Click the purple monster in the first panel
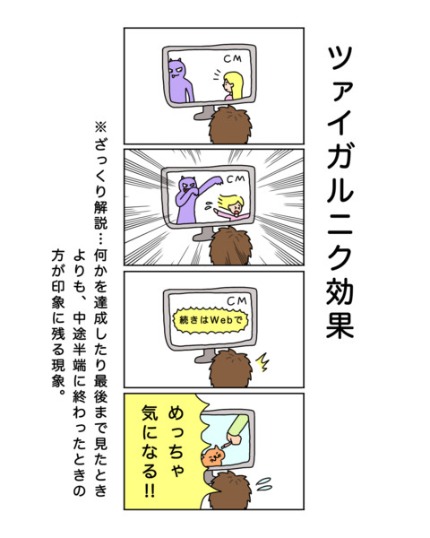180,81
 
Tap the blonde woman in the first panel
233,86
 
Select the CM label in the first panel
233,58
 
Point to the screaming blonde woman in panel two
230,209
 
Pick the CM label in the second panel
236,178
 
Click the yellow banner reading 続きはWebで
209,320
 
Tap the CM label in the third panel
237,300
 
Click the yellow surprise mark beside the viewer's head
262,362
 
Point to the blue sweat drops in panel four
264,484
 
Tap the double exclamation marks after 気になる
150,490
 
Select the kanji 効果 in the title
340,308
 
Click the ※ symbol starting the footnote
100,128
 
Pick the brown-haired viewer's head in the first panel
230,126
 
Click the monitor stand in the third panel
205,355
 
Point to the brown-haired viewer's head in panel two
230,247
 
